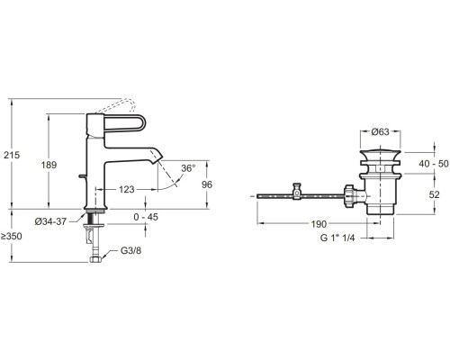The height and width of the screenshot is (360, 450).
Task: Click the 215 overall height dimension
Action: [12, 155]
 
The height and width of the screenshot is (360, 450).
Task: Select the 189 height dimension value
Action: [49, 165]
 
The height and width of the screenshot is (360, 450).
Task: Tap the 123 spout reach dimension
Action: [127, 190]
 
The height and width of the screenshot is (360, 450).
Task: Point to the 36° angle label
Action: [188, 168]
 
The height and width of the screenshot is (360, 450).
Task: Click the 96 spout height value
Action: [207, 184]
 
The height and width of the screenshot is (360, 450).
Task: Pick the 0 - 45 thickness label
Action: [146, 217]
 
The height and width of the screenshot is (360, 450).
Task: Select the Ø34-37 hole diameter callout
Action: [50, 221]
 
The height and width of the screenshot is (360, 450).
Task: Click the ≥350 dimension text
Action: [11, 237]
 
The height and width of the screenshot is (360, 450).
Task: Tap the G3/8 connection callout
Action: [130, 250]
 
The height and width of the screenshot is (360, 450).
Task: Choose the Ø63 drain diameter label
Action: [380, 131]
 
